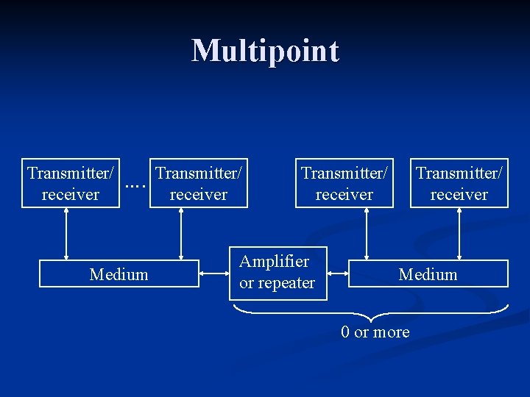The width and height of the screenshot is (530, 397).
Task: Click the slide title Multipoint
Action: pyautogui.click(x=265, y=51)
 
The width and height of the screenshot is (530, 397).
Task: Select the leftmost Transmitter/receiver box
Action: pyautogui.click(x=71, y=183)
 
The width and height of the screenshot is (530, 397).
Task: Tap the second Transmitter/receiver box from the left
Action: pyautogui.click(x=199, y=183)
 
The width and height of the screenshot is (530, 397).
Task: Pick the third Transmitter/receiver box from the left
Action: pyautogui.click(x=344, y=183)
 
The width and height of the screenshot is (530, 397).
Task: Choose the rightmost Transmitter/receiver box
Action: pyautogui.click(x=459, y=183)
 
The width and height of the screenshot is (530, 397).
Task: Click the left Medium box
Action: pyautogui.click(x=119, y=274)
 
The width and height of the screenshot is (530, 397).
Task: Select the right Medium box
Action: pyautogui.click(x=428, y=274)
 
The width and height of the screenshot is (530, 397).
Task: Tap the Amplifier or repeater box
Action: pyautogui.click(x=278, y=272)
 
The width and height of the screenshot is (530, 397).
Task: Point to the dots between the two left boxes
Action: pyautogui.click(x=134, y=185)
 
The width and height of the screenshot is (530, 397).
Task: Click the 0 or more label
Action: pyautogui.click(x=375, y=332)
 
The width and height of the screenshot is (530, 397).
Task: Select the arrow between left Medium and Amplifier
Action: pyautogui.click(x=214, y=273)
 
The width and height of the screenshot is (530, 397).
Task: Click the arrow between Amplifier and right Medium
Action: pyautogui.click(x=337, y=273)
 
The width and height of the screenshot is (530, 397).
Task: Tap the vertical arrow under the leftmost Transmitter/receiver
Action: pyautogui.click(x=67, y=234)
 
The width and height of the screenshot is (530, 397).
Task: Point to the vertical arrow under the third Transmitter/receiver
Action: pyautogui.click(x=366, y=234)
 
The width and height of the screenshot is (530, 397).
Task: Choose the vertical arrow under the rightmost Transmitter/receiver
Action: pyautogui.click(x=459, y=234)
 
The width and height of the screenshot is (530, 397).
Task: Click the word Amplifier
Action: pyautogui.click(x=275, y=261)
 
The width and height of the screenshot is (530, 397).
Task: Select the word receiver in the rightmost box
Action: pyautogui.click(x=459, y=195)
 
